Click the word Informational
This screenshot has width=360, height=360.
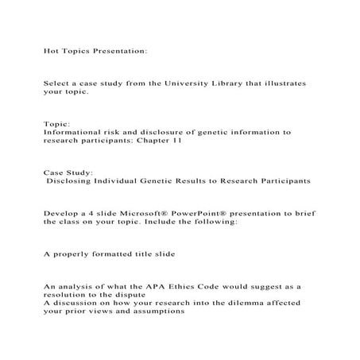tap(72, 132)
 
